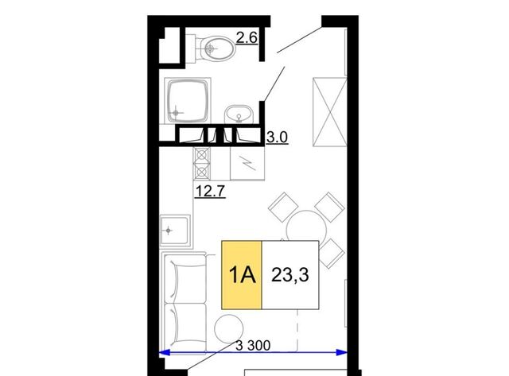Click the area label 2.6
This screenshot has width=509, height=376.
click(247, 38)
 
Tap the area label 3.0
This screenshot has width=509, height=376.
click(277, 138)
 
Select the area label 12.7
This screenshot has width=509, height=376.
click(210, 191)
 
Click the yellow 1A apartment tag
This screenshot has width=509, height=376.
click(242, 275)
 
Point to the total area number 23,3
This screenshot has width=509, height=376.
click(289, 275)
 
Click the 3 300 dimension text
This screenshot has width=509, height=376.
click(253, 346)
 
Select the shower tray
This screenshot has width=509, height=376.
click(188, 101)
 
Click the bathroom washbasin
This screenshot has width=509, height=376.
click(239, 114)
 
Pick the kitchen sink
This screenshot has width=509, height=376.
click(175, 231)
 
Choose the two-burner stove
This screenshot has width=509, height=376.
click(202, 164)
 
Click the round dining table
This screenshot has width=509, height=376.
click(306, 227)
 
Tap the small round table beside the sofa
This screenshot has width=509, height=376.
click(229, 328)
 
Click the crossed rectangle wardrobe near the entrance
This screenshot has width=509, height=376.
click(329, 112)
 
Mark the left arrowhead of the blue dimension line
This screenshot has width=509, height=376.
click(165, 352)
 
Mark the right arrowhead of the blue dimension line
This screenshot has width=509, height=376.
click(341, 352)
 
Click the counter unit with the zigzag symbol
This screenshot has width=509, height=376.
click(247, 164)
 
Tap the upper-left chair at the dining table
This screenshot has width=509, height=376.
click(283, 207)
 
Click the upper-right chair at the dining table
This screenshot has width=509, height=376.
click(329, 207)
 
